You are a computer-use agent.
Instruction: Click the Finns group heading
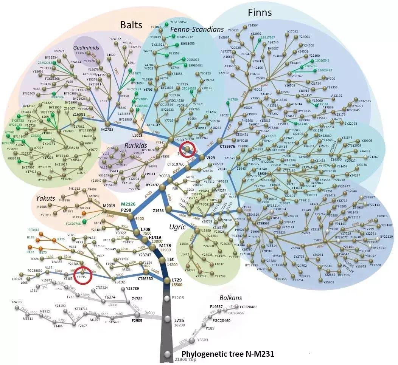click(260, 12)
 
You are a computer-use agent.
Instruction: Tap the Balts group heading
click(131, 25)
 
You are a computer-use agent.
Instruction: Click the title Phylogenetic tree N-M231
click(228, 354)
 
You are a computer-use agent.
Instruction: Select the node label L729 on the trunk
click(177, 280)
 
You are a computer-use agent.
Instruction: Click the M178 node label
click(166, 245)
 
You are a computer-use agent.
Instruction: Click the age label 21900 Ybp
click(185, 359)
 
